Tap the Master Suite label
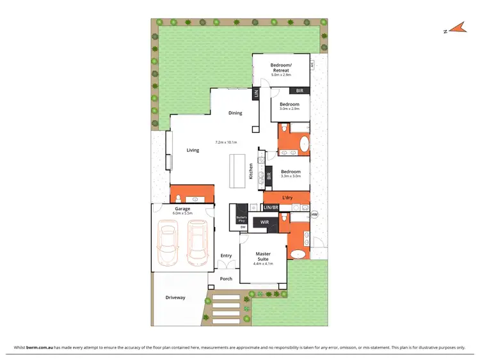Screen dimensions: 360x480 (263, 256)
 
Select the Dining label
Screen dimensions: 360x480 (236, 113)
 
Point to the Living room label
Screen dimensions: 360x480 (193, 150)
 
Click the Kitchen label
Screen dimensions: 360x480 (251, 171)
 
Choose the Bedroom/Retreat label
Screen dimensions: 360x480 (281, 68)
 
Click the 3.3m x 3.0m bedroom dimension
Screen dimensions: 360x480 (290, 176)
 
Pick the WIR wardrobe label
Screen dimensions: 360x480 (264, 223)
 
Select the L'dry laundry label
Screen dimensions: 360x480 (287, 199)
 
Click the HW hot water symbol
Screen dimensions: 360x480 (314, 214)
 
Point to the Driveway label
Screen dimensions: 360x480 (175, 297)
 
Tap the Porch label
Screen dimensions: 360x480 (226, 279)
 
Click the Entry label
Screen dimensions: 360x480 (226, 256)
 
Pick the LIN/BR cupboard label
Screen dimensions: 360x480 (271, 208)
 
